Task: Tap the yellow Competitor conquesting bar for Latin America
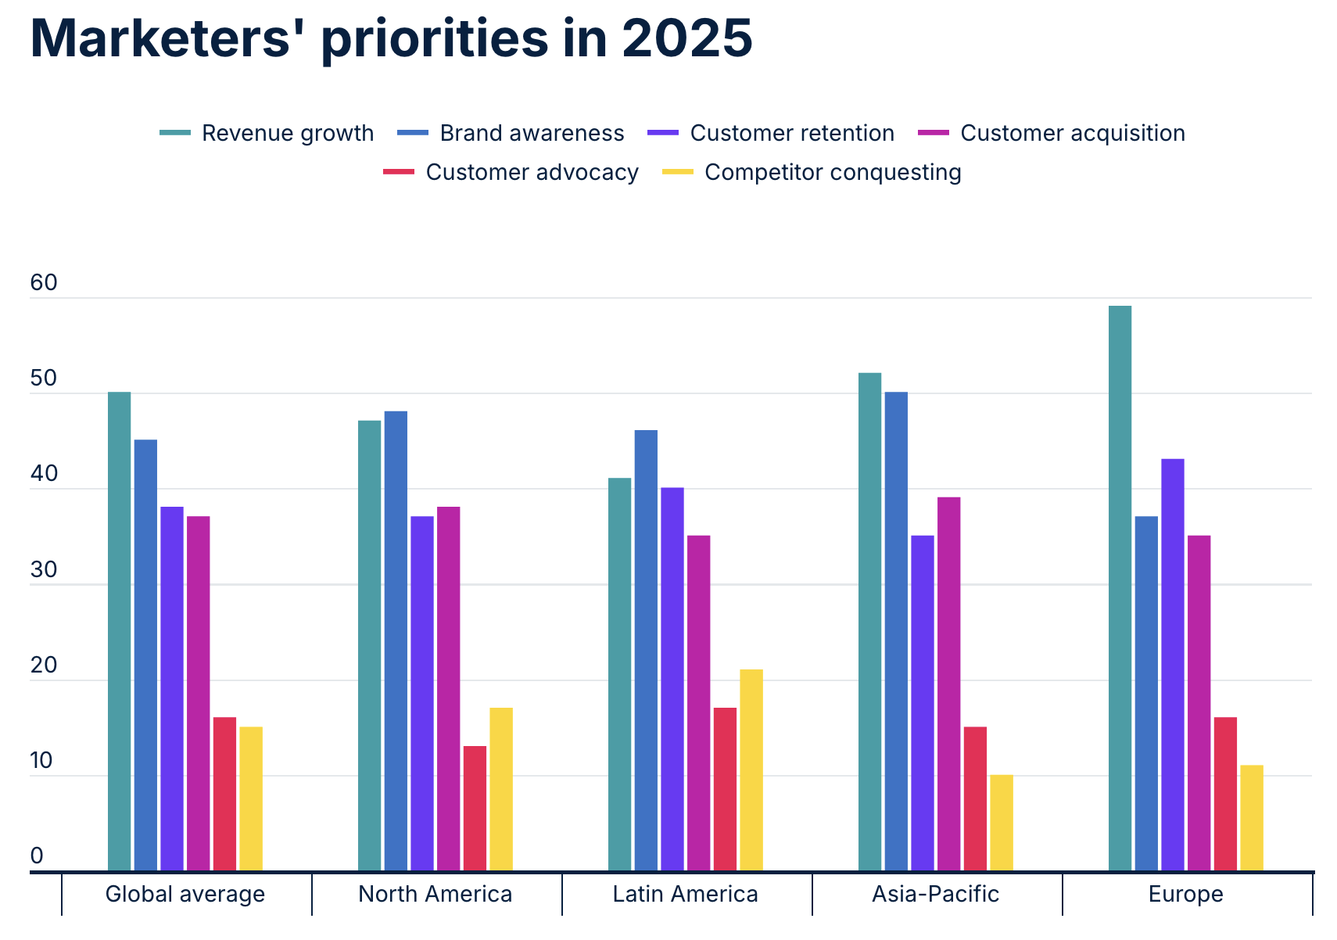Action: coord(751,770)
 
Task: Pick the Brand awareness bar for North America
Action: coord(396,641)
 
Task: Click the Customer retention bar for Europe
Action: coord(1172,665)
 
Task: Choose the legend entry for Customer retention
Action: coord(791,133)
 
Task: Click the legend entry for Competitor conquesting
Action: coord(832,172)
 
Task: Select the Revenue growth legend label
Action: coord(287,133)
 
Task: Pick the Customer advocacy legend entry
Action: coord(532,172)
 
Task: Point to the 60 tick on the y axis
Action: coord(44,283)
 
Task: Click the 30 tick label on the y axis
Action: coord(44,570)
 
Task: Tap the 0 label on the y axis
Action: coord(37,856)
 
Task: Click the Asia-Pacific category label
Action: coord(935,894)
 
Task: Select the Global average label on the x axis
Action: coord(185,894)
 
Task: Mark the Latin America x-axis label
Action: coord(685,894)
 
